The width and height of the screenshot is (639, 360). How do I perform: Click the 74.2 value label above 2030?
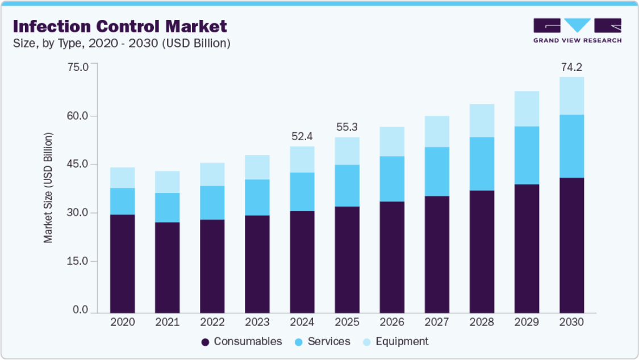[x=571, y=67]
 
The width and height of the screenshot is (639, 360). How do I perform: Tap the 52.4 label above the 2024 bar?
[x=302, y=136]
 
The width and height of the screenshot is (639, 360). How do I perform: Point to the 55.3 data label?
[x=347, y=127]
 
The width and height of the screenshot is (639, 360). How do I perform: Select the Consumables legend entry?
[x=241, y=341]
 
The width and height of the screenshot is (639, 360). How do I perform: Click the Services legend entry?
[x=323, y=341]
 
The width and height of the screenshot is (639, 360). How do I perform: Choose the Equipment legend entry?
[x=396, y=341]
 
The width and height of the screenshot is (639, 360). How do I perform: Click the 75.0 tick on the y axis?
[x=78, y=67]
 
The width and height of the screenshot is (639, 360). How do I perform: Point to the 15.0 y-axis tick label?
[x=78, y=261]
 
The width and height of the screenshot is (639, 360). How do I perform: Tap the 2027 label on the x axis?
[x=437, y=322]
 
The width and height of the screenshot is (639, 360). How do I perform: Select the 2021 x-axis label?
[x=168, y=322]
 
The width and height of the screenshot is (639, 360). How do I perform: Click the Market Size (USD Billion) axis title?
[x=48, y=188]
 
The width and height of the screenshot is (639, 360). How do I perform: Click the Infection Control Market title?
[x=120, y=27]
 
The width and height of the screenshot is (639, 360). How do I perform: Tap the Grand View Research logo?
[x=578, y=31]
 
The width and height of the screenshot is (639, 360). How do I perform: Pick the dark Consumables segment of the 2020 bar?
[x=122, y=264]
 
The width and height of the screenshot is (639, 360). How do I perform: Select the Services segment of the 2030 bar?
[x=571, y=146]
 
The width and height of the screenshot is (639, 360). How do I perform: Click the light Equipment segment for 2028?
[x=482, y=120]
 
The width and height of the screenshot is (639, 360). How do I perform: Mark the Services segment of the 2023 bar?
[x=257, y=198]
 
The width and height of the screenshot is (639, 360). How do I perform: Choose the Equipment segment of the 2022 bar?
[x=212, y=174]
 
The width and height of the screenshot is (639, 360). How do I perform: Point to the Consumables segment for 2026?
[x=392, y=257]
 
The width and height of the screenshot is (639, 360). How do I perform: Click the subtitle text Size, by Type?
[x=48, y=44]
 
